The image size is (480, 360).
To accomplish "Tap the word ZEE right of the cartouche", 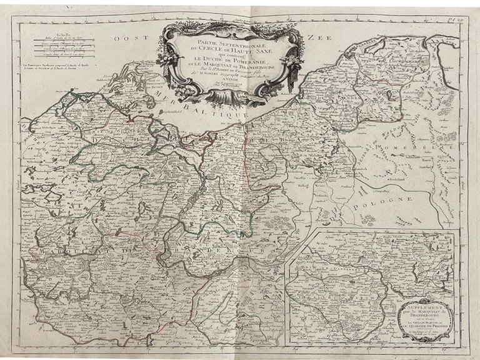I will pos(317,38).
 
